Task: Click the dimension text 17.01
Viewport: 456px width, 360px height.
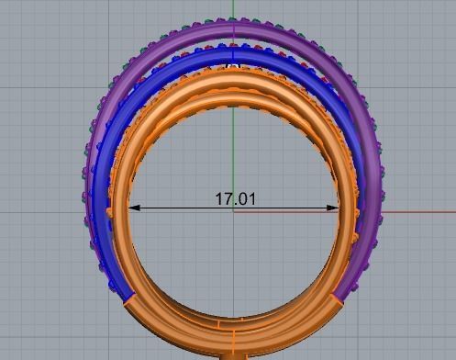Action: (234, 197)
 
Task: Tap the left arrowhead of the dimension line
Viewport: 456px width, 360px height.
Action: (133, 208)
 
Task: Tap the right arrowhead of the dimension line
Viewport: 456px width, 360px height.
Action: (334, 208)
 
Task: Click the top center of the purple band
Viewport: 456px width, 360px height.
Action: (234, 30)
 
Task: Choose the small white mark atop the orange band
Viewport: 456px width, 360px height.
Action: (233, 66)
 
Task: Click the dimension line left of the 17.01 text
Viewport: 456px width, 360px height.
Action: (174, 208)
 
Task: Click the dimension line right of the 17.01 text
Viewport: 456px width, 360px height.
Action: (294, 208)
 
